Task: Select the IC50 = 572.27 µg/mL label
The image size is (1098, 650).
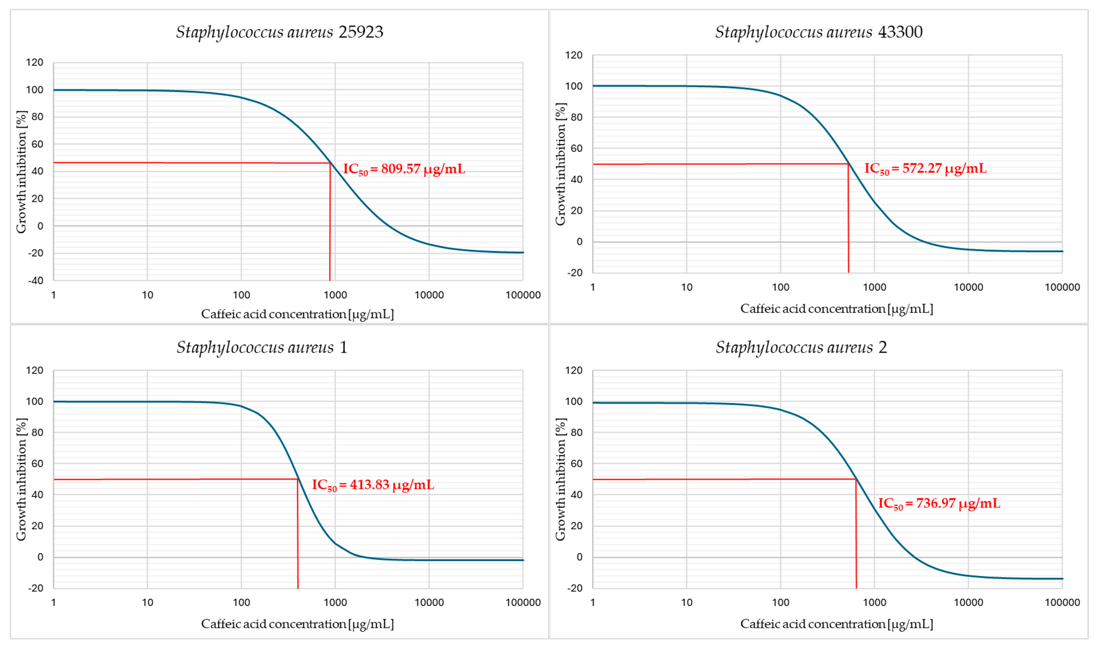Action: coord(925,169)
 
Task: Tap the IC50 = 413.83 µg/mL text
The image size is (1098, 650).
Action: coord(373,485)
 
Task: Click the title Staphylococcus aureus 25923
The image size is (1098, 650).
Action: coord(279,32)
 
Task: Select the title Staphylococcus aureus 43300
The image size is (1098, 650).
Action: coord(819,32)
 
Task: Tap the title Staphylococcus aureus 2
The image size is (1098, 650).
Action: coord(801,347)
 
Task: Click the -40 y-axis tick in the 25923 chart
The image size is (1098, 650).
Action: coord(35,280)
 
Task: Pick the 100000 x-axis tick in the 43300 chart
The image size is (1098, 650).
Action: coord(1062,287)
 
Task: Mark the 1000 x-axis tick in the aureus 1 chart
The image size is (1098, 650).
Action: coord(335,602)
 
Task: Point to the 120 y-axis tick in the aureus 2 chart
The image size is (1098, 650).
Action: coord(574,371)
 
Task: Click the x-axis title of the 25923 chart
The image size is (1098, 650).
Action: coord(297,314)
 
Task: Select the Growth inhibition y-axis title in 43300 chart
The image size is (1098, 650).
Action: coord(561,164)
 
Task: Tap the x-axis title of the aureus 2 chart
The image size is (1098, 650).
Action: coord(837,624)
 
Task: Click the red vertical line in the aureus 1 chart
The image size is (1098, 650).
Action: coord(298,534)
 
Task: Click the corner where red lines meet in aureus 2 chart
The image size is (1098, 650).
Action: coord(856,479)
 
